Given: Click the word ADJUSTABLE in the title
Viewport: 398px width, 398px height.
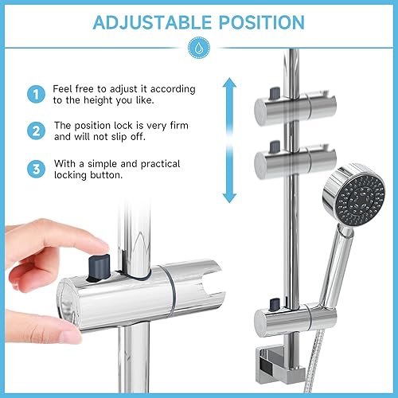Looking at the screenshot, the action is click(x=152, y=22).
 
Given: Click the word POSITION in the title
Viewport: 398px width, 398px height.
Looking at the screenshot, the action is click(x=262, y=22).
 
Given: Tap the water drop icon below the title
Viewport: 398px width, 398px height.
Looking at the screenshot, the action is click(x=199, y=48).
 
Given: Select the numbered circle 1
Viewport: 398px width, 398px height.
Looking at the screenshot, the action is click(x=36, y=94).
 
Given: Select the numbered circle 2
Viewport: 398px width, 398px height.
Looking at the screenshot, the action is click(x=36, y=131).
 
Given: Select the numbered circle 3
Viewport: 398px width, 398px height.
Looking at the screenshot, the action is click(x=36, y=169).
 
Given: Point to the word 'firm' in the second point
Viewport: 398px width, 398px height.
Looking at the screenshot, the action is click(x=179, y=125).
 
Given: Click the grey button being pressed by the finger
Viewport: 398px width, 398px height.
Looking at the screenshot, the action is click(x=99, y=267).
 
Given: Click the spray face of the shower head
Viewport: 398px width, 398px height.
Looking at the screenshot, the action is click(x=360, y=201).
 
